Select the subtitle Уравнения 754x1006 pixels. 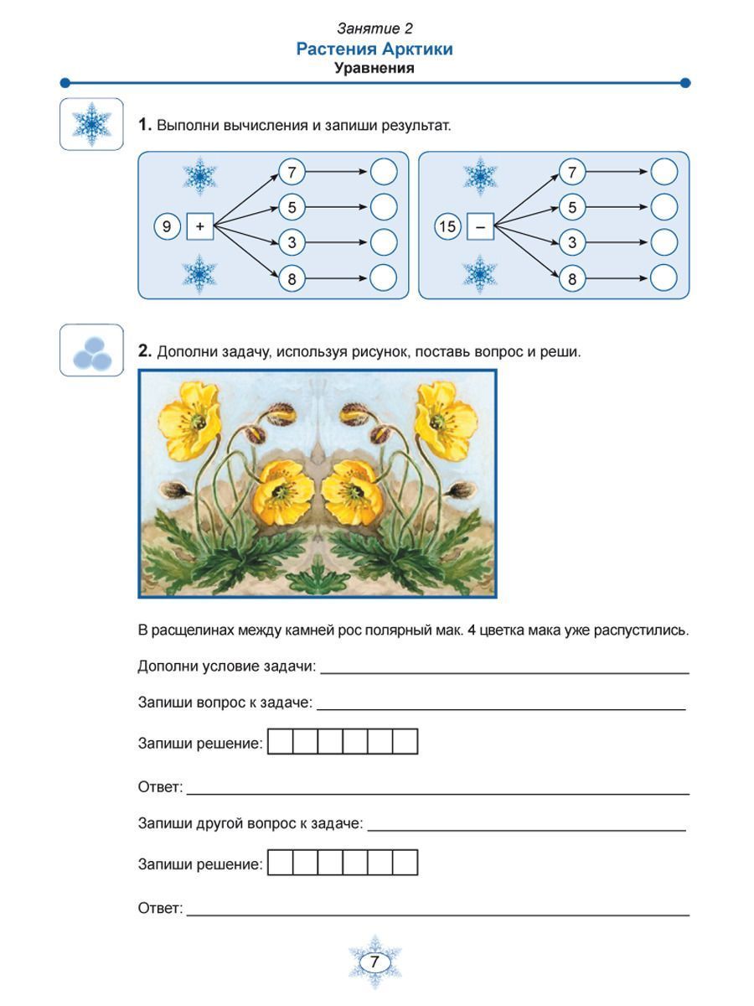374,68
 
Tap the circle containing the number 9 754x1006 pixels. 168,226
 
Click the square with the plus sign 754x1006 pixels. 200,226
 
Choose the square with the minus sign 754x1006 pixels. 480,226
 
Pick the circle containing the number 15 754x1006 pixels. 447,226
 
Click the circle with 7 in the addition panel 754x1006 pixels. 292,173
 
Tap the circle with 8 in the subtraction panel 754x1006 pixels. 572,278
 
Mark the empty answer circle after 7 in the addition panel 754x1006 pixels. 383,172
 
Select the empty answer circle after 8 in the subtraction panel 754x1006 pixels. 664,277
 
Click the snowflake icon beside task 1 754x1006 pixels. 91,124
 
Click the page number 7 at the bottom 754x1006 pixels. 374,962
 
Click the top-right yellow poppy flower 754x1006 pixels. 446,411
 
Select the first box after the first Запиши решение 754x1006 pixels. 281,742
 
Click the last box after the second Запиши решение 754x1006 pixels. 405,863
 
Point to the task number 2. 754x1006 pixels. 145,351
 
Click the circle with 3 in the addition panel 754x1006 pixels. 292,243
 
